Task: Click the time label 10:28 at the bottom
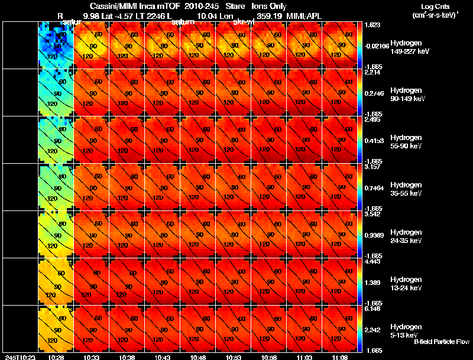[x=56, y=357]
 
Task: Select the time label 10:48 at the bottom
[x=199, y=357]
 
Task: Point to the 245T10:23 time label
[x=18, y=357]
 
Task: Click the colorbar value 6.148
[x=372, y=309]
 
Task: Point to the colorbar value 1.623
[x=372, y=25]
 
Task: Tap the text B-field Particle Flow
[x=441, y=342]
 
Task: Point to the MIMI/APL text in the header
[x=304, y=15]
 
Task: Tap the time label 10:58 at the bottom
[x=270, y=357]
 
